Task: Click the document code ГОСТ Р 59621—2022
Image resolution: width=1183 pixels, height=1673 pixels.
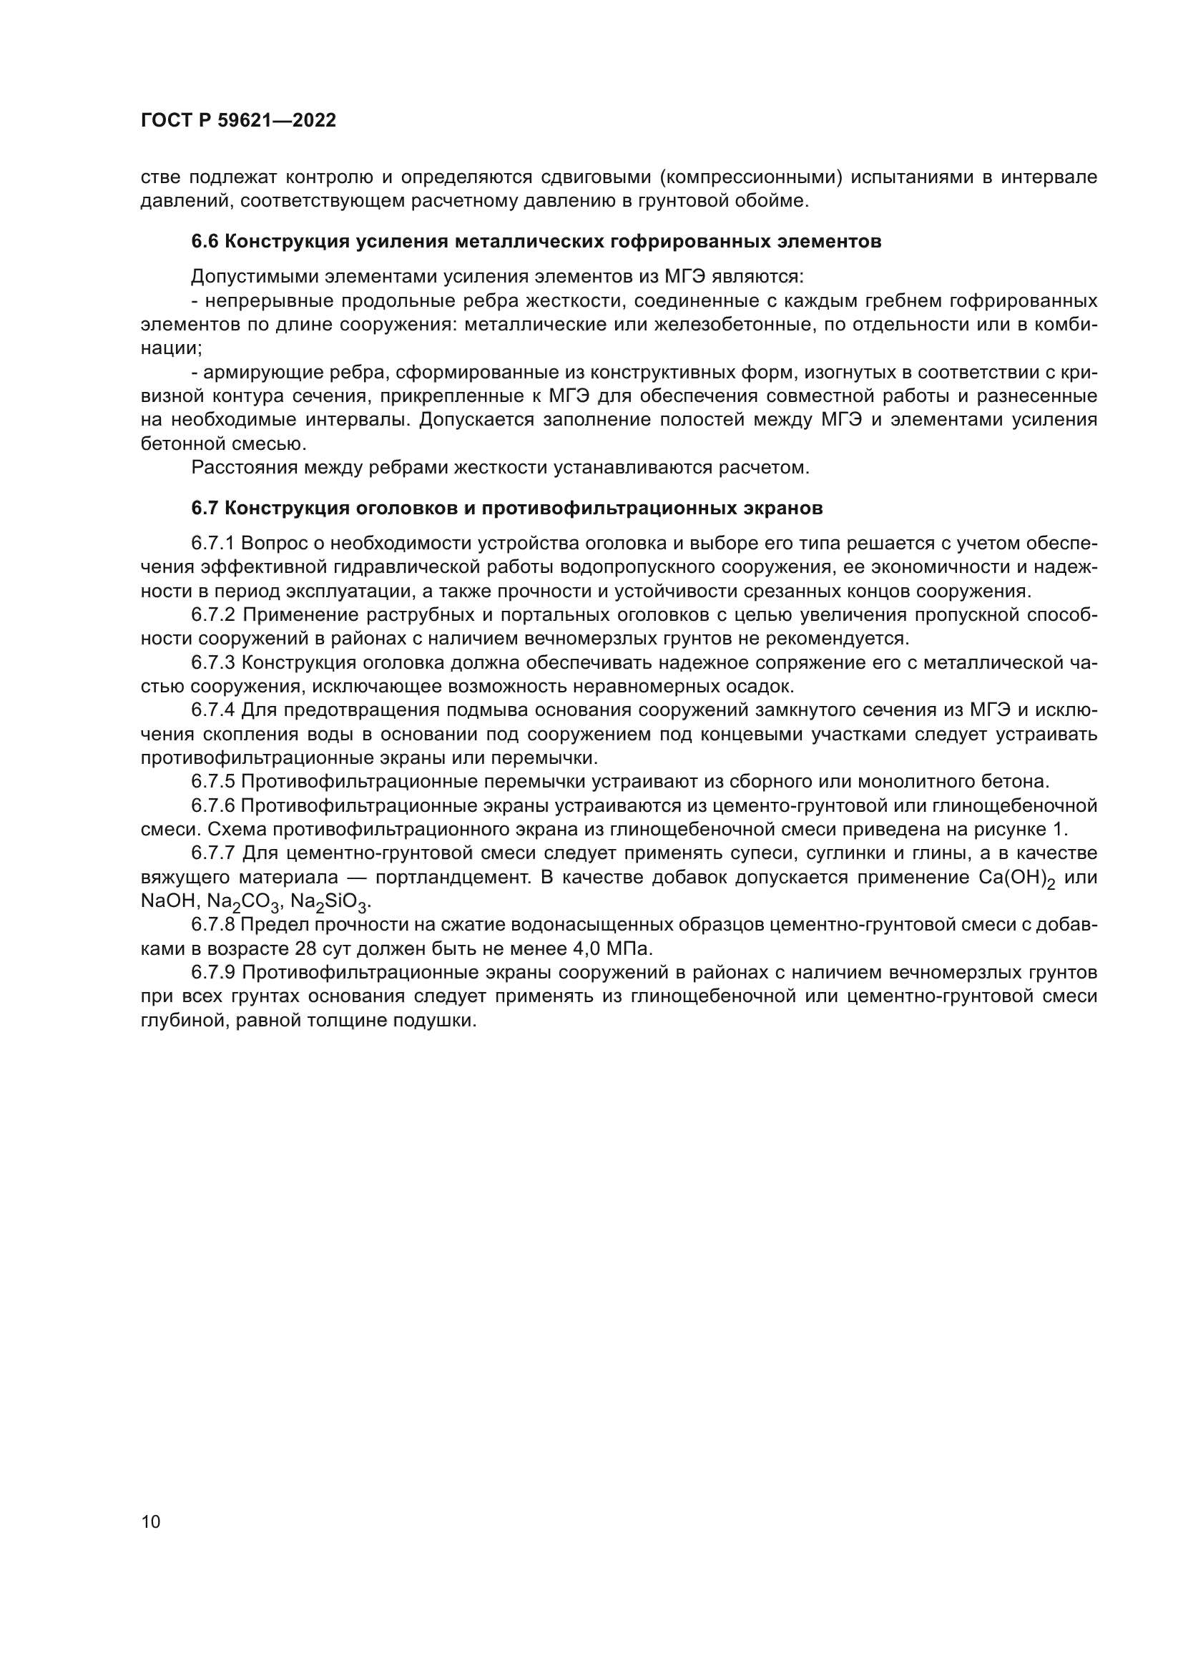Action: click(x=238, y=120)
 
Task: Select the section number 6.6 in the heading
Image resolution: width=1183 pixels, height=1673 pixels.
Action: click(x=205, y=241)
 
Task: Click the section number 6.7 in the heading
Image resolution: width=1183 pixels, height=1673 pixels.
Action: click(x=205, y=508)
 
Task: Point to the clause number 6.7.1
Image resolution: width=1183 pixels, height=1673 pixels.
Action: click(x=212, y=543)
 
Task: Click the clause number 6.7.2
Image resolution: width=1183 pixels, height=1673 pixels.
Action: click(x=212, y=614)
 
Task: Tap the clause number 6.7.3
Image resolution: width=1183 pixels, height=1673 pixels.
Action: click(x=212, y=662)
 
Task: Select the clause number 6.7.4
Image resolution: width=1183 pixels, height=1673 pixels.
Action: click(x=212, y=710)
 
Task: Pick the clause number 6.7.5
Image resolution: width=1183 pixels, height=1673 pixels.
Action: click(x=212, y=782)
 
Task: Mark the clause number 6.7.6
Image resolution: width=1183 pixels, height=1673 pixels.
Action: click(x=212, y=806)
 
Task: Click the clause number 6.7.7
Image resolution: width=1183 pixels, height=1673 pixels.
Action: click(x=212, y=853)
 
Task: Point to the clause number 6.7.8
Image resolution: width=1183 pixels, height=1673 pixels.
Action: click(x=212, y=925)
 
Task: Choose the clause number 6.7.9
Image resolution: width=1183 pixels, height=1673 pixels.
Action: click(x=212, y=972)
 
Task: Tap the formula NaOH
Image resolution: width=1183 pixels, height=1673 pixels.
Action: click(x=167, y=901)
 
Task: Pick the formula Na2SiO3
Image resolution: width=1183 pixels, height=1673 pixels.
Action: click(x=329, y=902)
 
